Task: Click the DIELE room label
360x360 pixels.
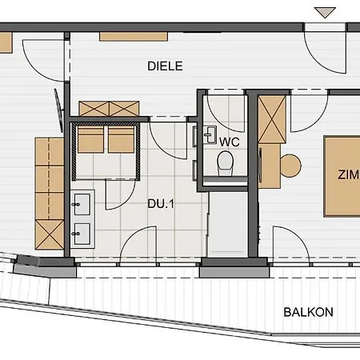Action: pos(166,66)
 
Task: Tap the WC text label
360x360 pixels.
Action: pos(229,142)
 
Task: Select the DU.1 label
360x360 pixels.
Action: pos(158,203)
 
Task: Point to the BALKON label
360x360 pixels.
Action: pos(308,312)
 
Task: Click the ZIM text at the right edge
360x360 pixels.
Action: pos(348,175)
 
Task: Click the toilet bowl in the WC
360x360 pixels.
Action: pos(226,163)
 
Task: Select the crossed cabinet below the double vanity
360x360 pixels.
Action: pos(47,235)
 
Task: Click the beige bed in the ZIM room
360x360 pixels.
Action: pos(342,176)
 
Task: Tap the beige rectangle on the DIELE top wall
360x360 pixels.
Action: pos(134,36)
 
